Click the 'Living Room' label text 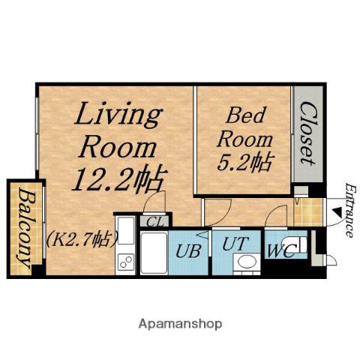[x=118, y=130]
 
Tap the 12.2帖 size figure [x=119, y=179]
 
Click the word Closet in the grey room [x=308, y=133]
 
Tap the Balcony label [x=25, y=228]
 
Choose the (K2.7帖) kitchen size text [x=82, y=238]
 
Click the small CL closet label [x=154, y=221]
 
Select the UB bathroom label [x=188, y=250]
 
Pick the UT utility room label [x=235, y=244]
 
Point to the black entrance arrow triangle [x=336, y=211]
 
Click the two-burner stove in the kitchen [x=126, y=262]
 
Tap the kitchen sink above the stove [x=126, y=230]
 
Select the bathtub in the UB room [x=154, y=253]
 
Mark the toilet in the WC [x=295, y=244]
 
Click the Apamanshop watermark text [x=180, y=324]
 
